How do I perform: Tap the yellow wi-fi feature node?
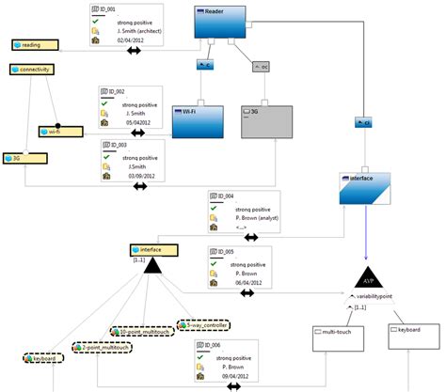[x=61, y=132]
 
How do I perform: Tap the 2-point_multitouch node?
[x=104, y=347]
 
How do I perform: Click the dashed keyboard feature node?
[x=43, y=358]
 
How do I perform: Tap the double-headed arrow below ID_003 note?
[x=140, y=186]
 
